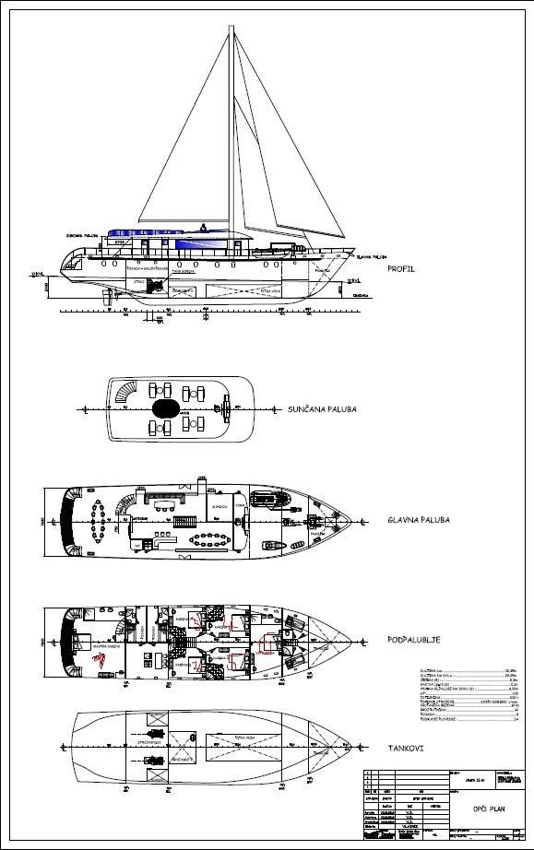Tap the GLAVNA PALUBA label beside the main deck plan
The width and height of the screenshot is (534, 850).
418,520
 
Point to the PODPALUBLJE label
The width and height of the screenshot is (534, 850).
412,637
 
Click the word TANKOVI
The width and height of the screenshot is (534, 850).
407,748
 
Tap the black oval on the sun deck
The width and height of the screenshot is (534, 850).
167,407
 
